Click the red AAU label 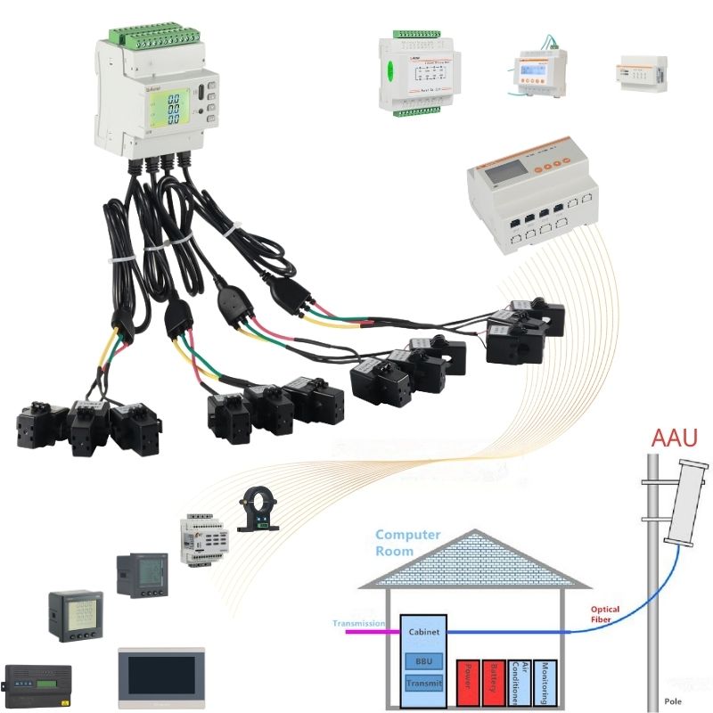[x=675, y=438]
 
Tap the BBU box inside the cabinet [x=422, y=661]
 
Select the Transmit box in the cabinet [x=422, y=684]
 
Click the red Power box [x=468, y=683]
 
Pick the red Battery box [x=493, y=683]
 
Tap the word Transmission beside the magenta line [x=358, y=624]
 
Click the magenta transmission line [x=365, y=631]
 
